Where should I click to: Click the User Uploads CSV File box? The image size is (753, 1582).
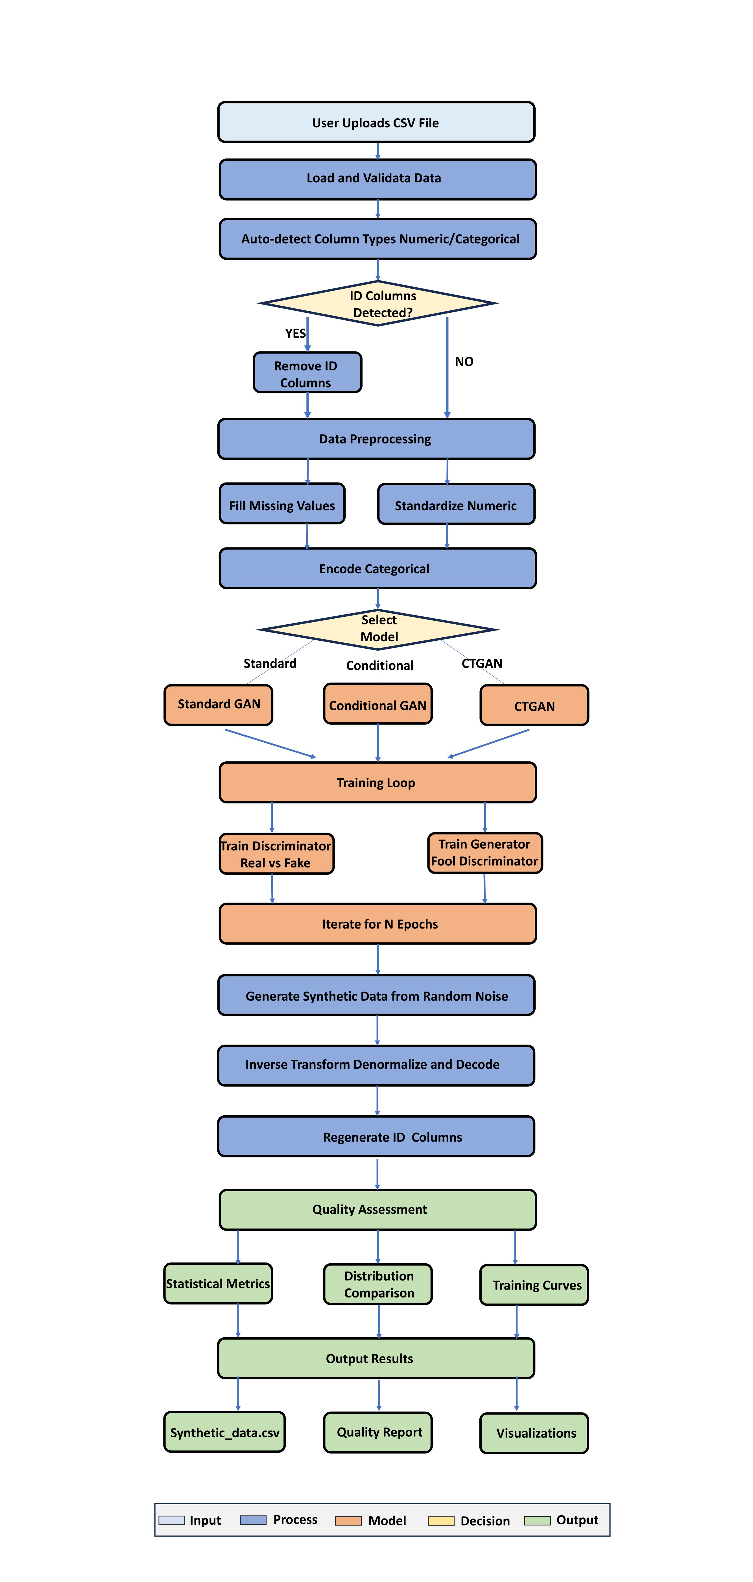[x=376, y=122]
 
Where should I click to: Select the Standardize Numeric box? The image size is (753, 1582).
[x=456, y=505]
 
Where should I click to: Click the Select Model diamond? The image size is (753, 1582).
[x=378, y=629]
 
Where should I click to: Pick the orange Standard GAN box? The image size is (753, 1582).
[x=219, y=704]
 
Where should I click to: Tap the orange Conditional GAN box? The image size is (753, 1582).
[x=377, y=704]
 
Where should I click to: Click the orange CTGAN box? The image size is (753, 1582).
[x=534, y=706]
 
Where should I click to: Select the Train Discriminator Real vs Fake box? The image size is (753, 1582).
[x=276, y=854]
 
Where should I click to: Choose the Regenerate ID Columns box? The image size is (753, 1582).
[x=376, y=1137]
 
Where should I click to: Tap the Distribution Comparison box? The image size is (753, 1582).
[x=378, y=1284]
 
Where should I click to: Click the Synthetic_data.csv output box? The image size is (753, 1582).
[x=225, y=1432]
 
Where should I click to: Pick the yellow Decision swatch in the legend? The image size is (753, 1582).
[x=441, y=1521]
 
